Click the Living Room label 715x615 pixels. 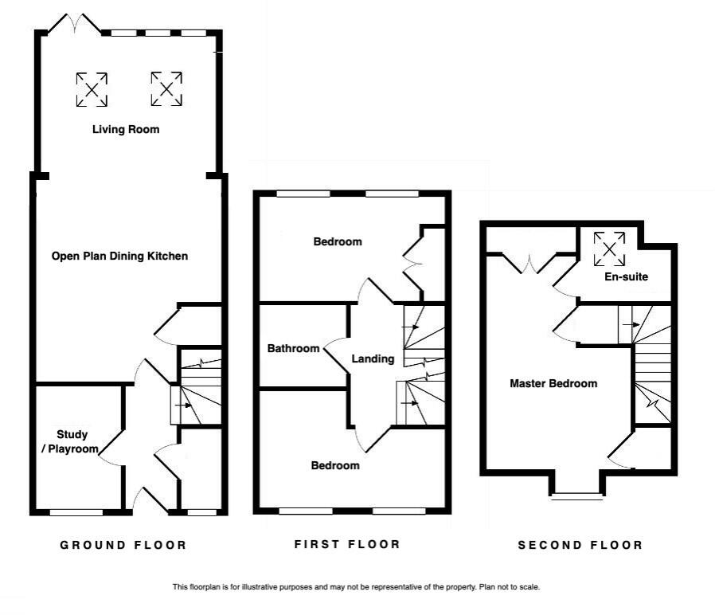click(x=125, y=129)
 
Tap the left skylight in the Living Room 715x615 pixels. click(x=92, y=89)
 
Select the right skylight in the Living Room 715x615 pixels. click(x=166, y=88)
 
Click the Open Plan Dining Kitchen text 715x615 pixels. click(x=119, y=256)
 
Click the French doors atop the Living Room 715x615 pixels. click(x=75, y=25)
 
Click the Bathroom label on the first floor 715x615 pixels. click(x=293, y=348)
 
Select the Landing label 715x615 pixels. click(x=373, y=358)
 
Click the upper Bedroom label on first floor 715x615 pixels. click(x=337, y=241)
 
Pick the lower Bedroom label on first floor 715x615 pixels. click(x=335, y=465)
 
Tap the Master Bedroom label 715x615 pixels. click(x=553, y=383)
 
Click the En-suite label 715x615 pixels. click(x=625, y=277)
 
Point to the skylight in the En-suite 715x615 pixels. click(x=610, y=248)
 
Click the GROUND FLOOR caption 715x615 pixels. click(x=123, y=545)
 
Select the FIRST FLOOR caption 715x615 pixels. click(x=347, y=544)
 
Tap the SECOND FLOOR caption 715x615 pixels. click(x=580, y=545)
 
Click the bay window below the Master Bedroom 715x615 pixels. click(x=576, y=494)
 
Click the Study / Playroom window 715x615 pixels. click(x=76, y=512)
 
